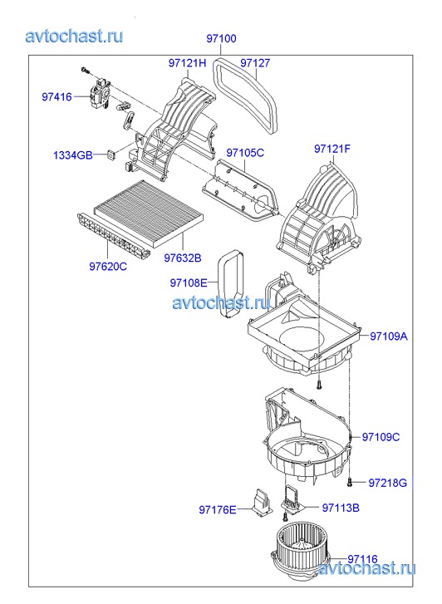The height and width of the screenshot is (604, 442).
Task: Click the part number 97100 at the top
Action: click(x=221, y=38)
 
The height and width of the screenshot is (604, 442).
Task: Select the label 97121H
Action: click(x=187, y=63)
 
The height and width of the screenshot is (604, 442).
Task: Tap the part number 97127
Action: click(x=255, y=63)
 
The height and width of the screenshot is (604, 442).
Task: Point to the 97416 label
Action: click(x=56, y=96)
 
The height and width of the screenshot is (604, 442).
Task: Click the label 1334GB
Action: click(x=73, y=155)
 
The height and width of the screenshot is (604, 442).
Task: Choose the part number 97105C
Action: click(x=245, y=153)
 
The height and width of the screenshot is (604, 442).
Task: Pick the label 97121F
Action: click(x=332, y=149)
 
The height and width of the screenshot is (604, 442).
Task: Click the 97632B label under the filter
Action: click(x=183, y=258)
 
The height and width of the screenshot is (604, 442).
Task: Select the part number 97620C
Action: click(x=108, y=266)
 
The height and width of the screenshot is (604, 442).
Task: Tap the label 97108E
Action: click(x=189, y=283)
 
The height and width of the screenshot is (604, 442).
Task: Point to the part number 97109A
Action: click(x=389, y=336)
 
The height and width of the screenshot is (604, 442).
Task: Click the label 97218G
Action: click(x=388, y=483)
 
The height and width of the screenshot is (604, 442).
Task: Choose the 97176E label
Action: click(x=218, y=509)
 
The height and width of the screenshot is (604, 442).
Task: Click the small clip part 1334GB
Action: click(x=111, y=155)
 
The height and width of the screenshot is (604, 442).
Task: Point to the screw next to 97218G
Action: click(x=350, y=482)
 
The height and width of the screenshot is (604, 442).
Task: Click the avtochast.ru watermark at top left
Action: click(x=75, y=37)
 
